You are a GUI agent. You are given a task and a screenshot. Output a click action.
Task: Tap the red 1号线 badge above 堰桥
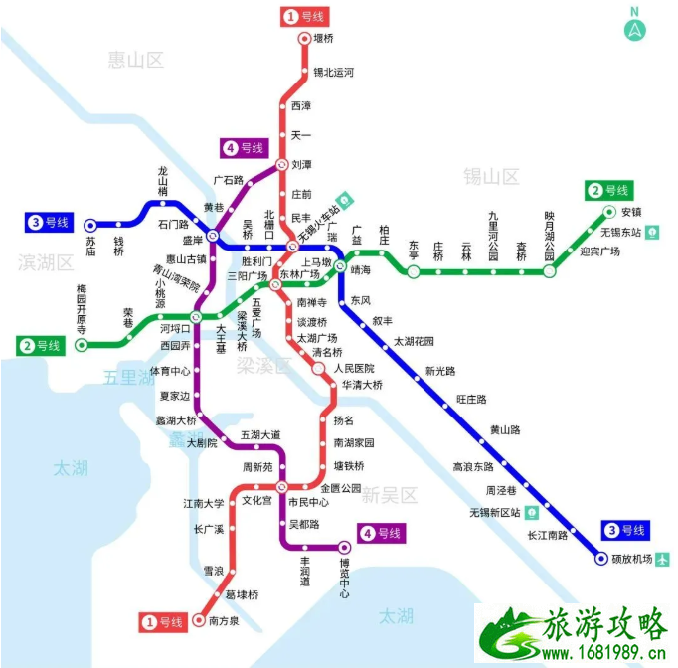pyautogui.click(x=306, y=17)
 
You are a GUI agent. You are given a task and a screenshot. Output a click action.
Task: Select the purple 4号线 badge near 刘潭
pyautogui.click(x=245, y=148)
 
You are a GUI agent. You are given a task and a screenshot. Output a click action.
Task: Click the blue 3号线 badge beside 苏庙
pyautogui.click(x=49, y=223)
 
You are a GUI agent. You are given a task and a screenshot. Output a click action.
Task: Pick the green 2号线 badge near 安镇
pyautogui.click(x=608, y=189)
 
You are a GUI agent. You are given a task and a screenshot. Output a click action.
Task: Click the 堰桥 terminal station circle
pyautogui.click(x=306, y=39)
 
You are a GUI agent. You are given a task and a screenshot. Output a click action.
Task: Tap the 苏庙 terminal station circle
pyautogui.click(x=90, y=225)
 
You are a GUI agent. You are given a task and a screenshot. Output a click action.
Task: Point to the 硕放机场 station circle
pyautogui.click(x=601, y=559)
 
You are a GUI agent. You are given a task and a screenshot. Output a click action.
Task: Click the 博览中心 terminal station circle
pyautogui.click(x=345, y=546)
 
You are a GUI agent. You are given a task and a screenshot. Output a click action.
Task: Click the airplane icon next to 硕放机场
pyautogui.click(x=662, y=559)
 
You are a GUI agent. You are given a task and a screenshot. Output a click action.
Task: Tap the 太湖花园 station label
pyautogui.click(x=415, y=341)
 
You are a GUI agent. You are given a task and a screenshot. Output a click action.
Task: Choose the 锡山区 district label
pyautogui.click(x=491, y=177)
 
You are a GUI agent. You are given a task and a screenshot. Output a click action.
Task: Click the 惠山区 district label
pyautogui.click(x=136, y=61)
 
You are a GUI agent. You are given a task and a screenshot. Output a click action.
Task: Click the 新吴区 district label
pyautogui.click(x=390, y=494)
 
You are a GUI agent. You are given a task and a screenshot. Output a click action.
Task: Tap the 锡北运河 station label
pyautogui.click(x=334, y=72)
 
